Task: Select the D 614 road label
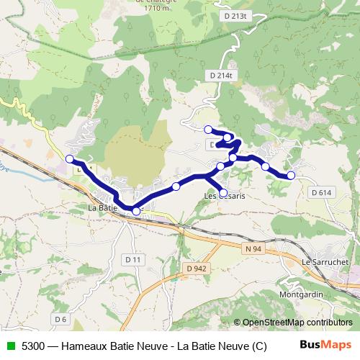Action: tap(322, 192)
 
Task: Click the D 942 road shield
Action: tap(196, 268)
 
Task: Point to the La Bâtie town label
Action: tap(102, 209)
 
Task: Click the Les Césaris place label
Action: tap(225, 195)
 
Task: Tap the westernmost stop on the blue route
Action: tap(70, 158)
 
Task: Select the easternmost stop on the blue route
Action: tap(291, 175)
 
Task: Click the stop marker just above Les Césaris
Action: tap(223, 192)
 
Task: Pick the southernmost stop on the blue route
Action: tap(136, 211)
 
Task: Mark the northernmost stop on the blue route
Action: tap(208, 130)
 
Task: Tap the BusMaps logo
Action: tap(326, 345)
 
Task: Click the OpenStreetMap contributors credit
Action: tap(292, 323)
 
